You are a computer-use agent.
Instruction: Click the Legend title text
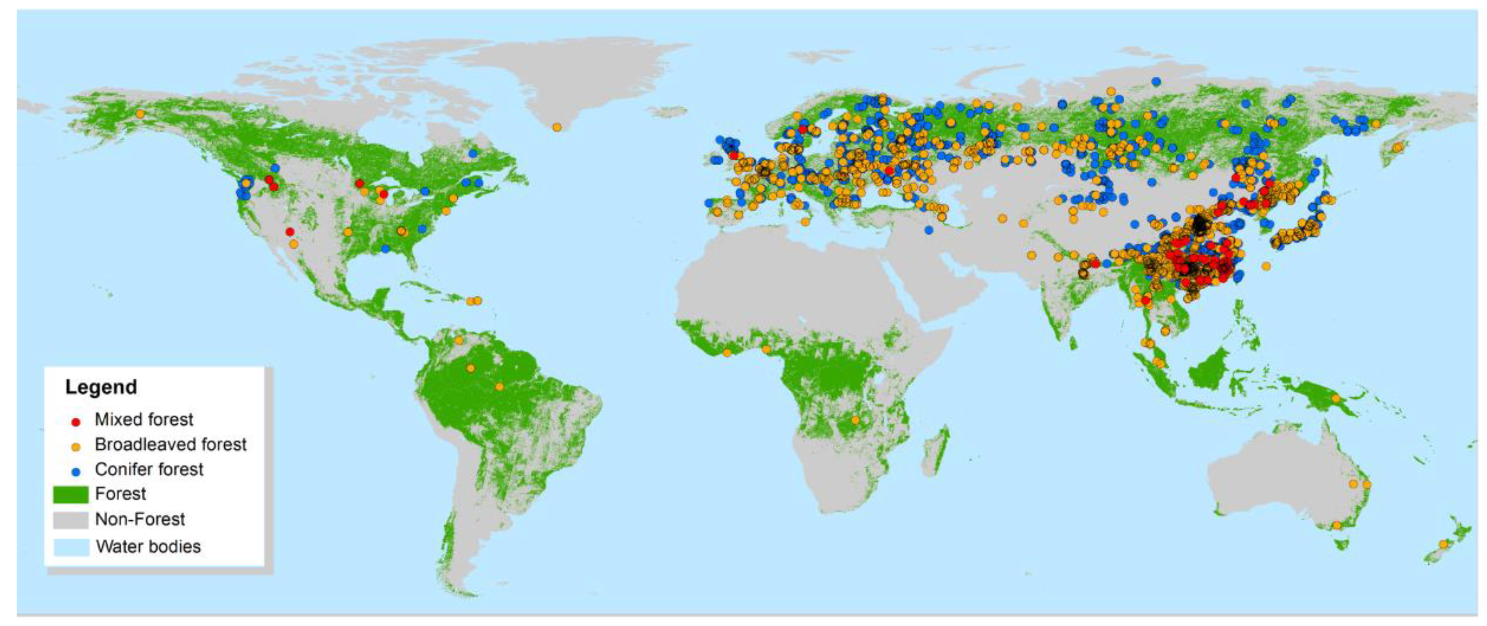pos(101,387)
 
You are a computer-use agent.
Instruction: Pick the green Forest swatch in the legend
pos(71,494)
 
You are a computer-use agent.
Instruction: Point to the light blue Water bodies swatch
pos(71,546)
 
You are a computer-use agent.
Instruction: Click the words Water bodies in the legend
pos(148,546)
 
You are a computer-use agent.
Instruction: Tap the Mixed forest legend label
pos(144,419)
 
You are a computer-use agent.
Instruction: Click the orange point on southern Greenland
pos(556,127)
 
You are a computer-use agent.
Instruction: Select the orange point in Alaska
pos(140,114)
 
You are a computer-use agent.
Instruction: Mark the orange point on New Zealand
pos(1443,544)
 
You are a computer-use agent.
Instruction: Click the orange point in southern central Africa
pos(855,420)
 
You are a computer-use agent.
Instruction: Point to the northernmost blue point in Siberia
pos(1156,82)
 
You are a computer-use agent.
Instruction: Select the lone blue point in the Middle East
pos(928,230)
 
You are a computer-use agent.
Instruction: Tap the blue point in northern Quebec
pos(473,153)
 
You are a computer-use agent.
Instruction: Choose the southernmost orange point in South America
pos(499,386)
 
